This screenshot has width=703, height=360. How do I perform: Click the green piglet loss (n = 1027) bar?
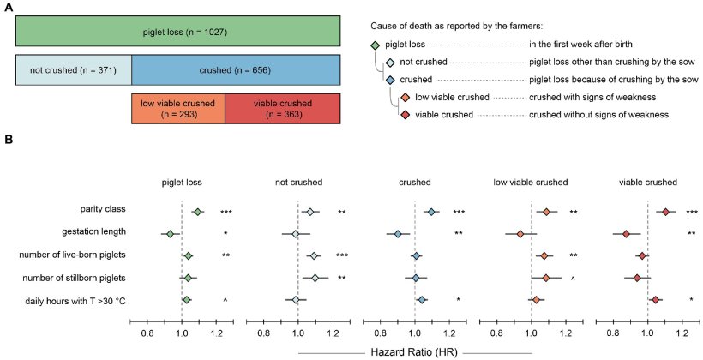178,33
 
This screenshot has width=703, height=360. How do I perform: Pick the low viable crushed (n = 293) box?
177,109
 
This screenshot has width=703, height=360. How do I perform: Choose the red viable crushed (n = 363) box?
283,109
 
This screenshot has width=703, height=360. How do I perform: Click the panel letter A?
9,7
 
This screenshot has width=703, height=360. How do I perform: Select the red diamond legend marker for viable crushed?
404,114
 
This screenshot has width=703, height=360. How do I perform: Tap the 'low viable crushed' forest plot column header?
532,183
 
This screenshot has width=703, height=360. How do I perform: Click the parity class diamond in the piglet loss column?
197,212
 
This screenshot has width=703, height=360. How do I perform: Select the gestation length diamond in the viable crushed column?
626,234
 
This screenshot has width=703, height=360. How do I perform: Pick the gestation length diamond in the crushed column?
397,234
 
